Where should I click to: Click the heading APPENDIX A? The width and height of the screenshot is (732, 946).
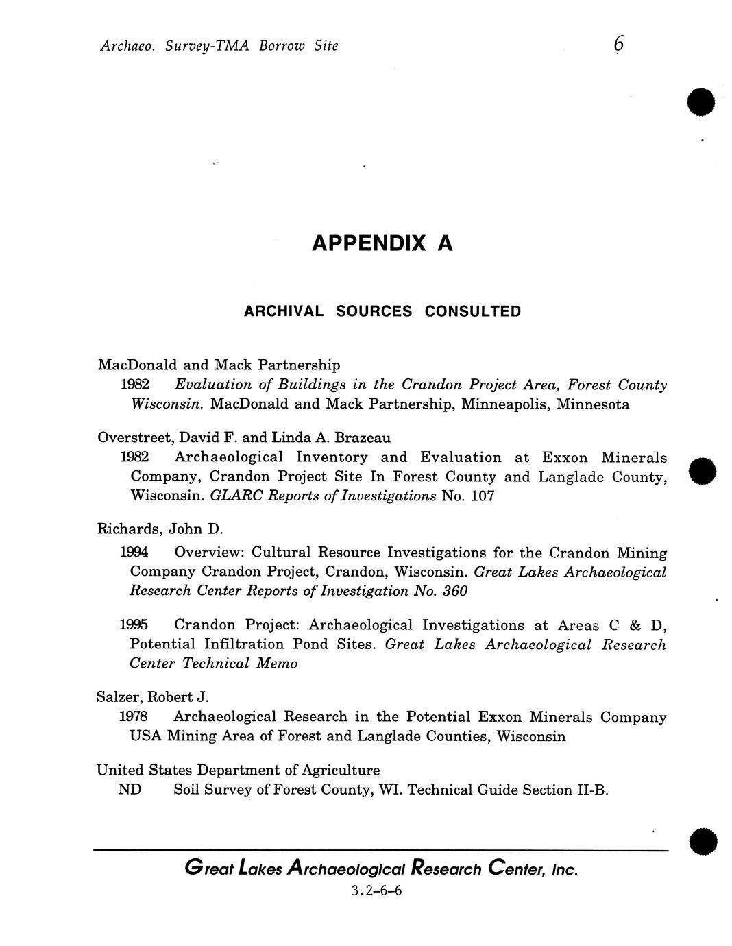click(382, 243)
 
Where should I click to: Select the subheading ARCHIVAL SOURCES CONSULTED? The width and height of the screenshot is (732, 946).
click(382, 311)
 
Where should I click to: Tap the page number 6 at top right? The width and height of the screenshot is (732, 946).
click(618, 45)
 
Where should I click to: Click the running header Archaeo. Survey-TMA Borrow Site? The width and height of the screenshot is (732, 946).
click(219, 46)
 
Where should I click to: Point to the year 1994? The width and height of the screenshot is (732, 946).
click(134, 553)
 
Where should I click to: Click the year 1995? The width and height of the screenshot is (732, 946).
click(134, 625)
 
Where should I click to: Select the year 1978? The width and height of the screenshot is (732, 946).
click(133, 717)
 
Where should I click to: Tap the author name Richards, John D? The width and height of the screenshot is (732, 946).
click(161, 529)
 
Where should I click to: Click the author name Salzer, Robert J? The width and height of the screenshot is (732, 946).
click(152, 697)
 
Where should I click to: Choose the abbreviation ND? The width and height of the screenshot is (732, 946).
click(130, 790)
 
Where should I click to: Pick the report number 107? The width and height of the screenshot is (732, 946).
click(482, 496)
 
